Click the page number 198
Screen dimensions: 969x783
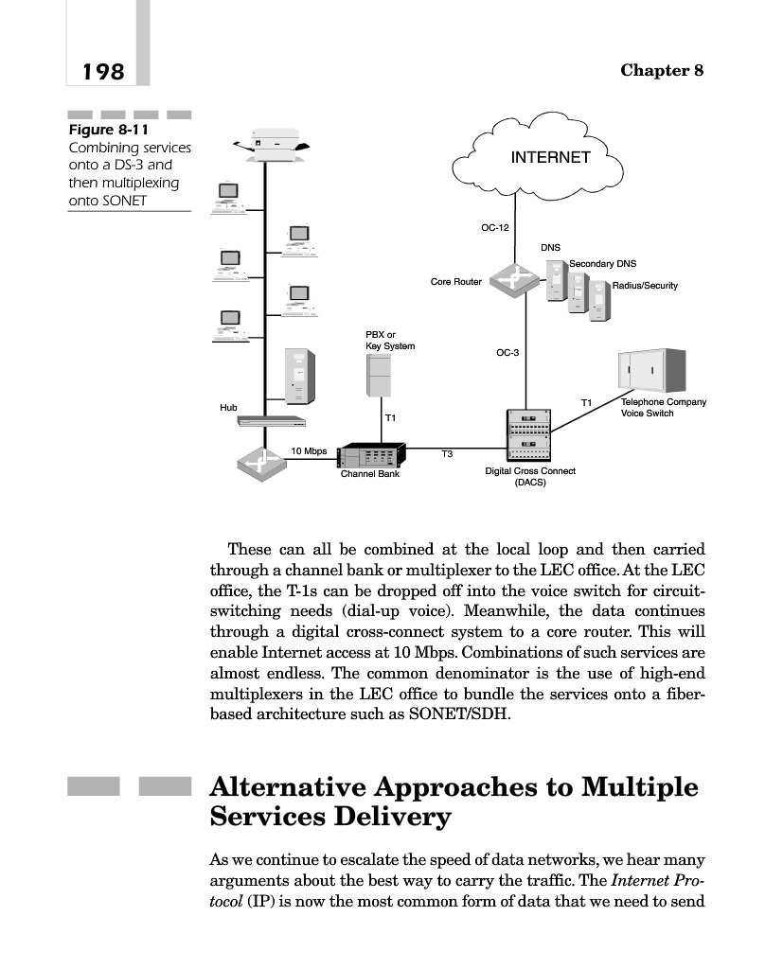103,72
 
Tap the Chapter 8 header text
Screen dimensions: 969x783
662,72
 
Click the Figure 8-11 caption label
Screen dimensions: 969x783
108,129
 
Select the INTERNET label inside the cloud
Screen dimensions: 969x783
550,157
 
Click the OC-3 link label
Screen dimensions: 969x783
507,353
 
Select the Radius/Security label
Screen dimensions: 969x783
645,286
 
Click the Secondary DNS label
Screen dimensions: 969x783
602,263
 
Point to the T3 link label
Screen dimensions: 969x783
448,455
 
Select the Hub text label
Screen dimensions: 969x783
228,407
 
